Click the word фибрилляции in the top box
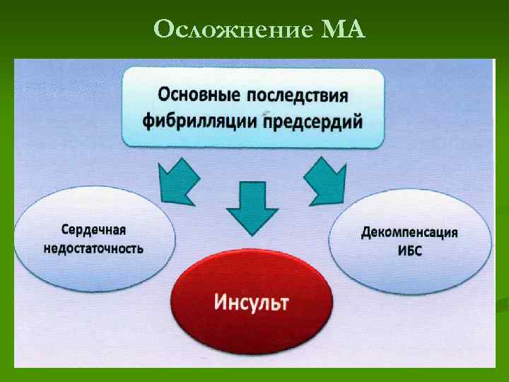200,122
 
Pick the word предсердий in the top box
312,122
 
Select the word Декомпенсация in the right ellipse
409,232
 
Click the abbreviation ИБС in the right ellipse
409,251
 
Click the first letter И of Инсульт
219,302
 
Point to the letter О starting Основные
163,93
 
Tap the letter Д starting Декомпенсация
366,233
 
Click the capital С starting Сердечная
66,231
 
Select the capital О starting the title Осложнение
163,30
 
